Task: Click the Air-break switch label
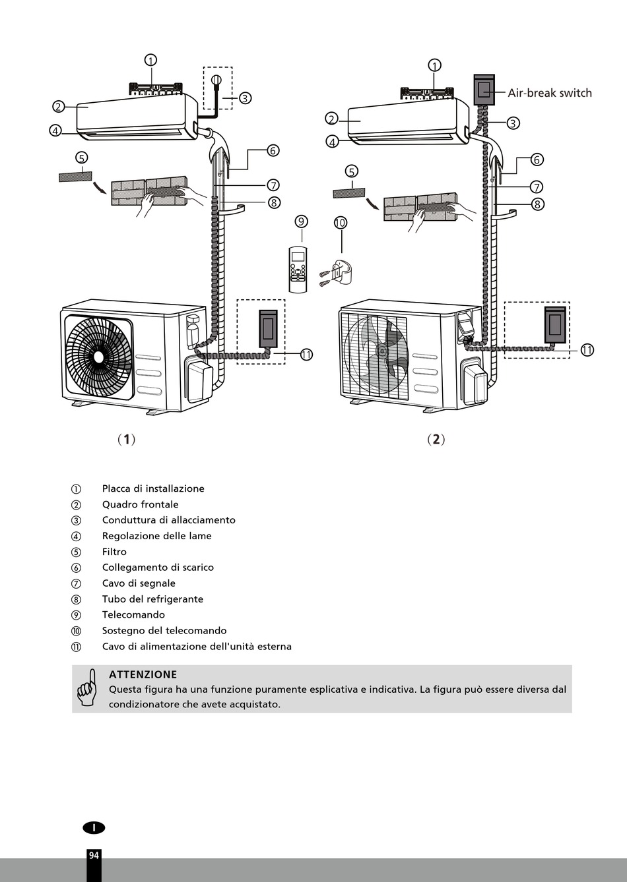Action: (549, 93)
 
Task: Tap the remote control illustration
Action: (298, 269)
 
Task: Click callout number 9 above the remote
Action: (302, 221)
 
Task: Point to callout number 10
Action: (341, 223)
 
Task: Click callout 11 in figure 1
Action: (306, 355)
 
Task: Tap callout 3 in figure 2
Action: (513, 123)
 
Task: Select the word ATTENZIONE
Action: (143, 674)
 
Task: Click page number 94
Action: (93, 855)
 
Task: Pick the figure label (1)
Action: (126, 439)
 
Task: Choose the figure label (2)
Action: (436, 439)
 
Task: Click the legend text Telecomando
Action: (133, 615)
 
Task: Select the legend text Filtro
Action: (114, 552)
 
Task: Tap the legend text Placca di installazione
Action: (153, 488)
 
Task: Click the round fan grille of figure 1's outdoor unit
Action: (99, 357)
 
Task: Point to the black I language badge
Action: (94, 827)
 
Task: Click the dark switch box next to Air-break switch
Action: (484, 90)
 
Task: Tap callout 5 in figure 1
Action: (81, 158)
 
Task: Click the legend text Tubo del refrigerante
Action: (152, 599)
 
